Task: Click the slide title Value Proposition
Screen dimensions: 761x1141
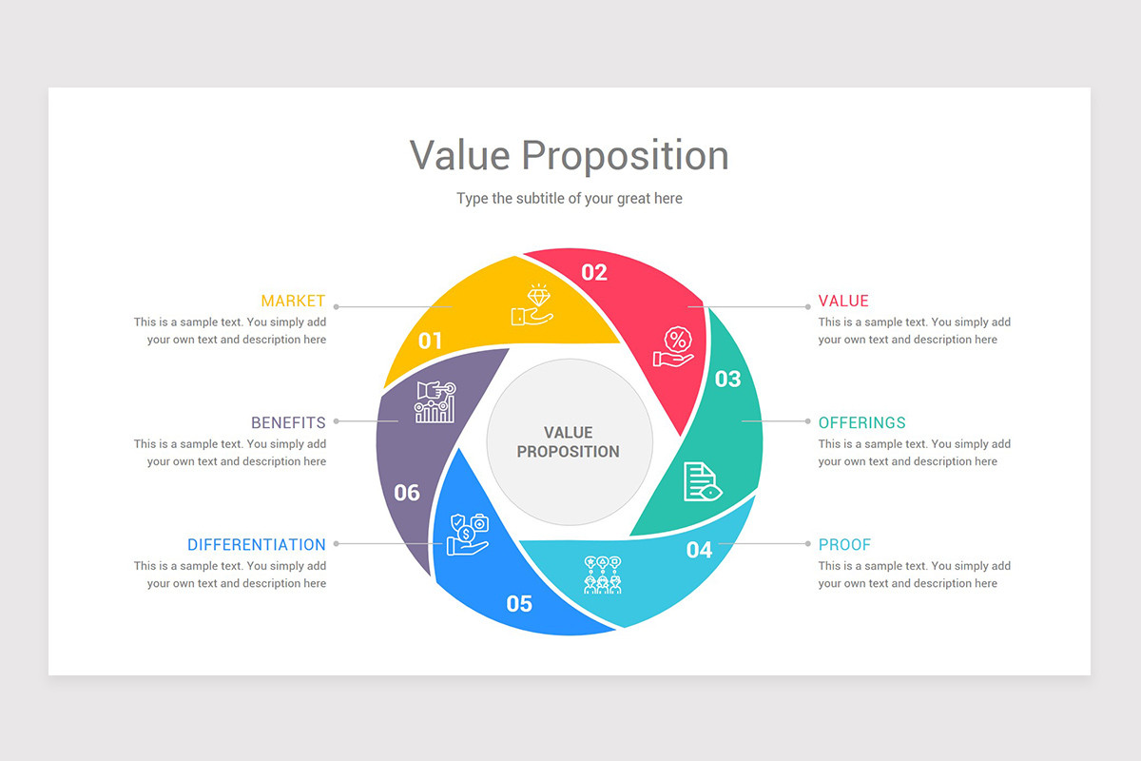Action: pos(569,155)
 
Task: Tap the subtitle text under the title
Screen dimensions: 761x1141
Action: pos(569,199)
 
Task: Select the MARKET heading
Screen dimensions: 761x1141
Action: pos(293,301)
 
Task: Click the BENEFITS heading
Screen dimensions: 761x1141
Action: pos(288,422)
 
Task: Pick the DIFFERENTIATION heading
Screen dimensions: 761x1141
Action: pos(256,545)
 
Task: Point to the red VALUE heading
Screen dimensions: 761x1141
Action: pos(843,301)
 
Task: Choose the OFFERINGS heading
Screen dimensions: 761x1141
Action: pos(861,422)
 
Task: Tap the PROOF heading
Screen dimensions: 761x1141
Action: pos(844,545)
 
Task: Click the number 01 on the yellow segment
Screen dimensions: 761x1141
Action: pos(431,341)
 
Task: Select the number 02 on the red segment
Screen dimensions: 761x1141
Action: pos(594,273)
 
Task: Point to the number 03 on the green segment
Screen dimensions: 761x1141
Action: pos(727,380)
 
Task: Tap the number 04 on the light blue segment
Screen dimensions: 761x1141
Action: pos(699,550)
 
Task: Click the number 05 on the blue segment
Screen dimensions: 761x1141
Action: pos(519,603)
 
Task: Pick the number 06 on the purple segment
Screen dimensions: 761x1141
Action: pos(407,493)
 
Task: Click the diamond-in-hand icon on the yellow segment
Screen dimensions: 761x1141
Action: pos(532,305)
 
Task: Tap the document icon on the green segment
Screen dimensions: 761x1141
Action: pos(702,481)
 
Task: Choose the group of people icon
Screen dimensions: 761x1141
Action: pos(602,575)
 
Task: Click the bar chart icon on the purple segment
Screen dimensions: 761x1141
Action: pos(435,401)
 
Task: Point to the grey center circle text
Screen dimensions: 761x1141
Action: pos(569,442)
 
